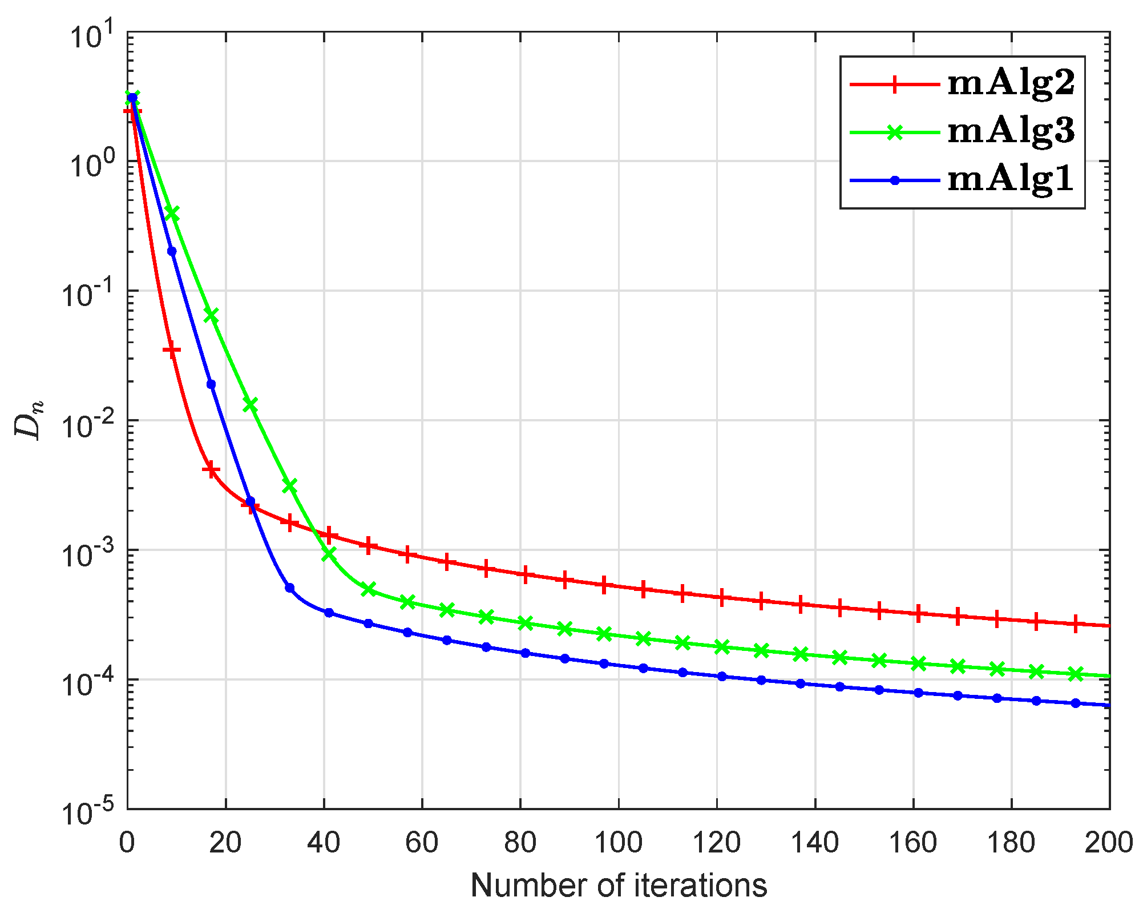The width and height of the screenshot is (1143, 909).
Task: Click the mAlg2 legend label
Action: point(1011,84)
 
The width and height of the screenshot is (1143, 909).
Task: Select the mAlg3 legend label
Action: point(1011,132)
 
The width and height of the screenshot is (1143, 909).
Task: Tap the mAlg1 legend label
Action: point(1011,180)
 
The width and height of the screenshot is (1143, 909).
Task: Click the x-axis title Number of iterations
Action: point(619,886)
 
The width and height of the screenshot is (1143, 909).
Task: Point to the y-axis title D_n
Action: point(29,420)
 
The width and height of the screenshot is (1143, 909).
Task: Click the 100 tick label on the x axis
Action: point(619,843)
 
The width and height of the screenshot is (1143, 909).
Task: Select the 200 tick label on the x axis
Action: point(1109,843)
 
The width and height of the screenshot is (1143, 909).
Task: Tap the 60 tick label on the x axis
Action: point(422,843)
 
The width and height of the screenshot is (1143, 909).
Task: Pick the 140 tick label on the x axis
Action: point(815,843)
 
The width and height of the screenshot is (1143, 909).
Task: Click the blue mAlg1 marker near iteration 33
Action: point(289,588)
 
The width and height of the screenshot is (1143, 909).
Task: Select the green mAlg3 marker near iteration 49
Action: point(368,589)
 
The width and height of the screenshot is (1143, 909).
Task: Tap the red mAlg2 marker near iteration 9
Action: point(172,350)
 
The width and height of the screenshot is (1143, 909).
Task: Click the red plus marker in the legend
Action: point(895,84)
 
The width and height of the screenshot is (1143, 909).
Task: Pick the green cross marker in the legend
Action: point(895,132)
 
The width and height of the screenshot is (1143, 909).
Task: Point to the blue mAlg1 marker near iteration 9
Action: point(172,251)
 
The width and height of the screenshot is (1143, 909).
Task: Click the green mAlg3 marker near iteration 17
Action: point(211,316)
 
